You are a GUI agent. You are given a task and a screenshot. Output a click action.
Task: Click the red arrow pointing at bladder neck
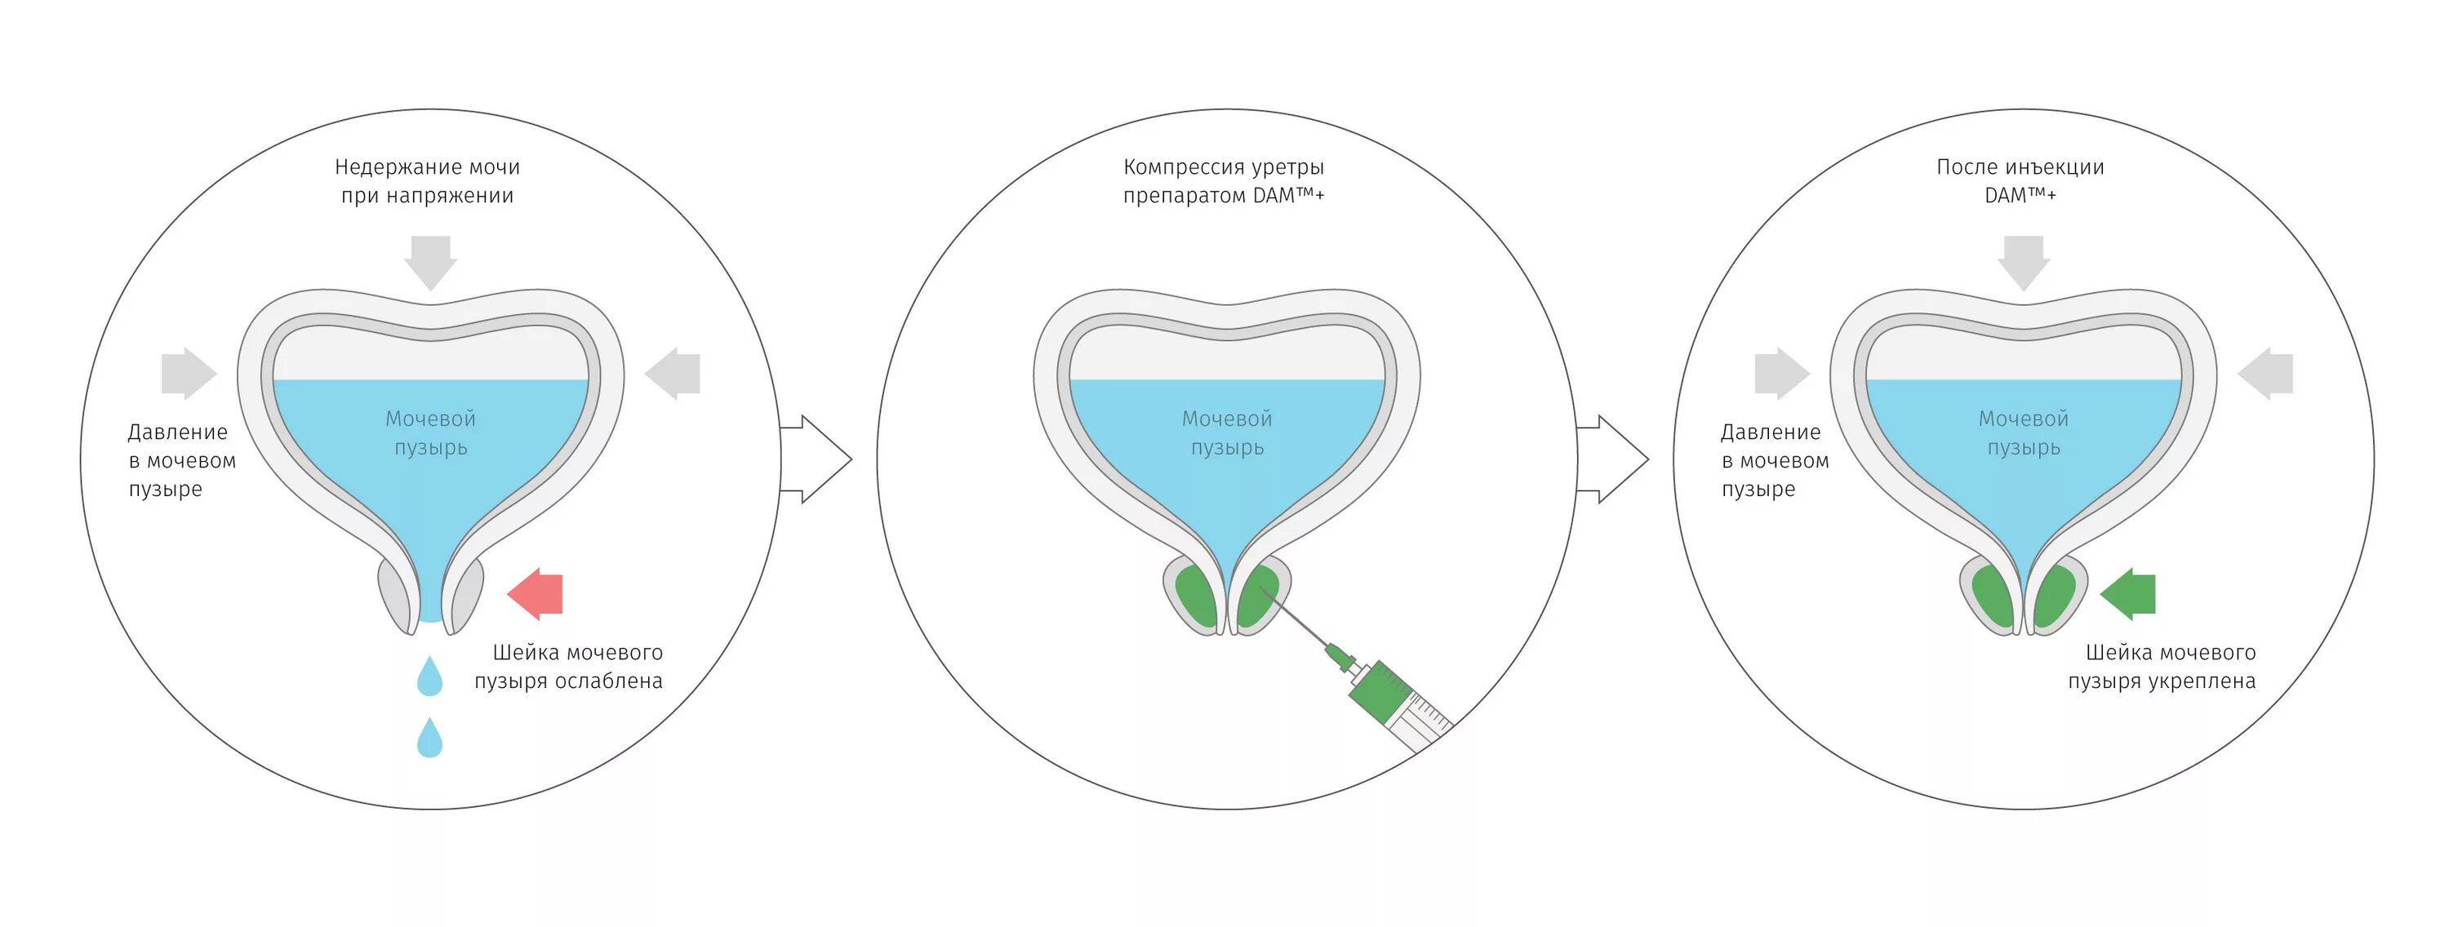pyautogui.click(x=536, y=594)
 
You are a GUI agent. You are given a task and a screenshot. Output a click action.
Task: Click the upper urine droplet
pyautogui.click(x=429, y=677)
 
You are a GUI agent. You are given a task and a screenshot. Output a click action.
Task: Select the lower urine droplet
pyautogui.click(x=429, y=738)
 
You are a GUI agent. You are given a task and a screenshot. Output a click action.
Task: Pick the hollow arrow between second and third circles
pyautogui.click(x=1613, y=459)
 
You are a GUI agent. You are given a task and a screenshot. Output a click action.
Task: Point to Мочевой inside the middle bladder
pyautogui.click(x=1226, y=419)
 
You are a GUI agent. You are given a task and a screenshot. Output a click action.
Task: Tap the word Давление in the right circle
pyautogui.click(x=1770, y=432)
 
